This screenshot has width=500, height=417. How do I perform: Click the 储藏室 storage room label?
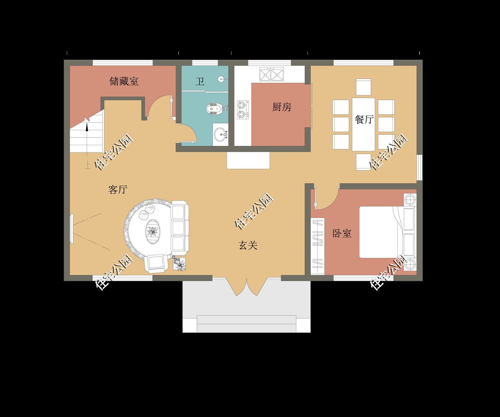pyautogui.click(x=124, y=81)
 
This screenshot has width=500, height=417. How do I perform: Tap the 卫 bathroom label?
pyautogui.click(x=200, y=81)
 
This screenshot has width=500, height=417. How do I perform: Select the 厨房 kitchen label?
pyautogui.click(x=282, y=107)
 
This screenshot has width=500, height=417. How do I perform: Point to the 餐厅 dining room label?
pyautogui.click(x=364, y=119)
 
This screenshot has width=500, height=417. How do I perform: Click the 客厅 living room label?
pyautogui.click(x=118, y=189)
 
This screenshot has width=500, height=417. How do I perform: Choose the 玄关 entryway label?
pyautogui.click(x=248, y=245)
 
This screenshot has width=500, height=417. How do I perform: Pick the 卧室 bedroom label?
pyautogui.click(x=342, y=233)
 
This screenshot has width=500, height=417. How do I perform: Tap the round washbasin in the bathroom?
pyautogui.click(x=221, y=134)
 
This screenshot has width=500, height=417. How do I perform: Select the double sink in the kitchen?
pyautogui.click(x=271, y=74)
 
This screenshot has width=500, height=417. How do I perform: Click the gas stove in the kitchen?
pyautogui.click(x=243, y=110)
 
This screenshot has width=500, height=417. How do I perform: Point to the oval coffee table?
pyautogui.click(x=153, y=232)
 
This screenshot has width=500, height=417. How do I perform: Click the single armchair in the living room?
pyautogui.click(x=156, y=264)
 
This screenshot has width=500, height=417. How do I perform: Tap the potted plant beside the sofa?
pyautogui.click(x=179, y=264)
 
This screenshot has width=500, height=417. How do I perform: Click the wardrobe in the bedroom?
pyautogui.click(x=318, y=246)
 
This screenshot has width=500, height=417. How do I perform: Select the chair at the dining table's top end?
pyautogui.click(x=363, y=87)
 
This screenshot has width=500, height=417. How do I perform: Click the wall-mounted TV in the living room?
pyautogui.click(x=72, y=229)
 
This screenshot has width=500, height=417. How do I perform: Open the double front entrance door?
pyautogui.click(x=247, y=287)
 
